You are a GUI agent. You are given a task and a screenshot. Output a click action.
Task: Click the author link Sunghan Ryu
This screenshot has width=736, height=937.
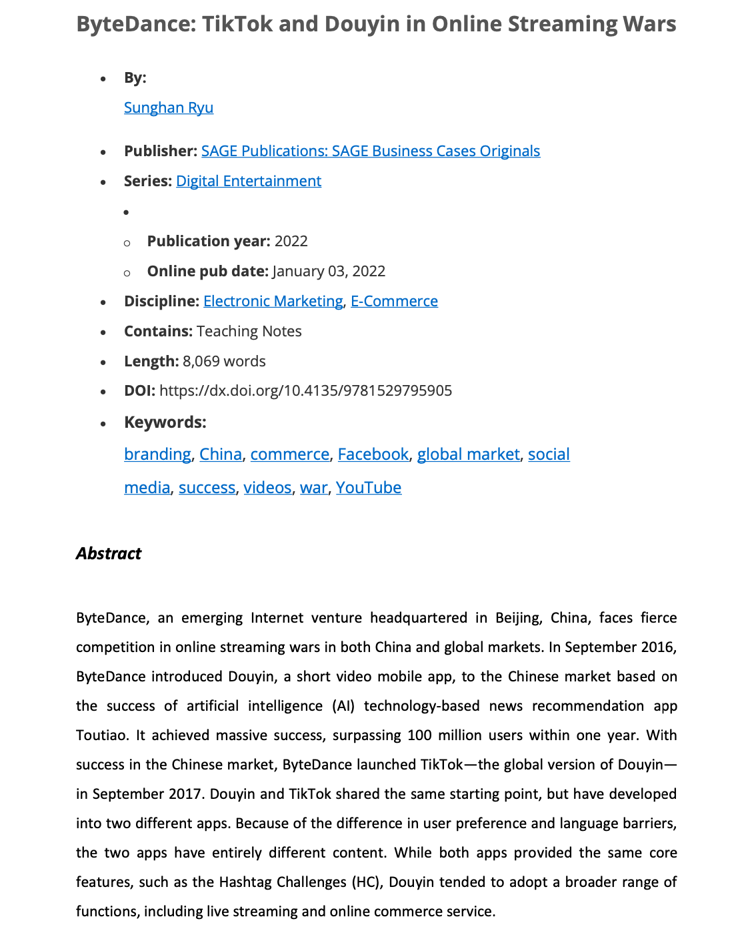[x=169, y=107]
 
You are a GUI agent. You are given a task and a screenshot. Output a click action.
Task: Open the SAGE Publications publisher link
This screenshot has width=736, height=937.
[x=370, y=151]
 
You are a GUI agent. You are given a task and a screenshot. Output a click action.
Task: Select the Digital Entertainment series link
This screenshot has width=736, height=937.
[x=248, y=181]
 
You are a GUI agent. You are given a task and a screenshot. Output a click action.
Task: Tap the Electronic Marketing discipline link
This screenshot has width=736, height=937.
[x=273, y=301]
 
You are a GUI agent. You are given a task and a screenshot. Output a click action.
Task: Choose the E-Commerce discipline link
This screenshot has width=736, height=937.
[x=394, y=301]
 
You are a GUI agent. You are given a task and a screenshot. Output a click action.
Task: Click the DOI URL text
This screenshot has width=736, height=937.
[x=305, y=390]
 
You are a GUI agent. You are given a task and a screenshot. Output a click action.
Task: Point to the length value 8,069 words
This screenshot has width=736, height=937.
[x=224, y=361]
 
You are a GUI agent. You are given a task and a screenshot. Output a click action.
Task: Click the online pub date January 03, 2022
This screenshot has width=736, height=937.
[x=329, y=271]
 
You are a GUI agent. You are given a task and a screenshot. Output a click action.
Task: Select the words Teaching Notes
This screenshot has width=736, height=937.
[x=249, y=331]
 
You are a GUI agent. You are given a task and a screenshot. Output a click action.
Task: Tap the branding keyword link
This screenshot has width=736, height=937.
[x=157, y=454]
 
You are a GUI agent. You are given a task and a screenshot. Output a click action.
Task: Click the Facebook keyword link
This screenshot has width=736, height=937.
[x=373, y=454]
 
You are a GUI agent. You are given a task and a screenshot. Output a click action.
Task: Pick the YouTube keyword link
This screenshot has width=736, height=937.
[x=368, y=487]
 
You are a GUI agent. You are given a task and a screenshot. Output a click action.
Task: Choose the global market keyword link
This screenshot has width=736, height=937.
[x=468, y=454]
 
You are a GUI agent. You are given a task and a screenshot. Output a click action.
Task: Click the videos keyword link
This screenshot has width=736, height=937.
[x=267, y=487]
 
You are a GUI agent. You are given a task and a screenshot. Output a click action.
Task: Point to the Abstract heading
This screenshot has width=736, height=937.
[x=109, y=553]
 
